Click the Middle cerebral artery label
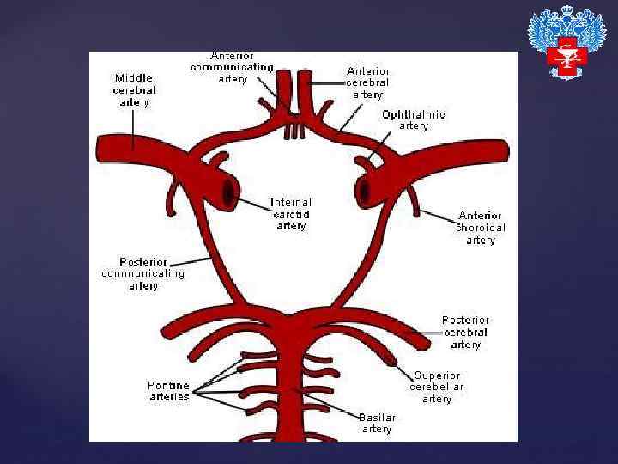pos(133,89)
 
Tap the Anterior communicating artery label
pos(232,67)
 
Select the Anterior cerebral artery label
pos(368,82)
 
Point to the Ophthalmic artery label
pos(414,119)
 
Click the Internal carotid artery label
pos(291,214)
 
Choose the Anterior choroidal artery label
pos(481,228)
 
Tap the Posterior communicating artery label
pos(143,273)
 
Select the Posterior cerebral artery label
pos(466,333)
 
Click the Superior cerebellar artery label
pos(437,387)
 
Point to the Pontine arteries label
pos(168,391)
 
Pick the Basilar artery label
pos(377,423)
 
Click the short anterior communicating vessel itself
pos(294,130)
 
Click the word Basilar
pos(377,418)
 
